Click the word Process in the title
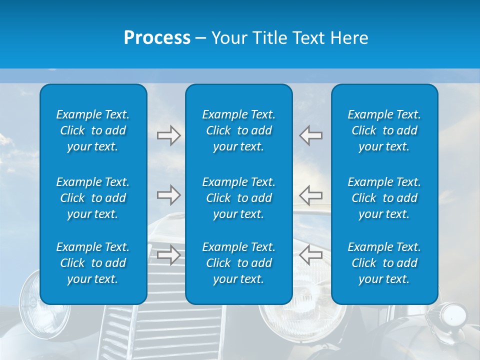157,38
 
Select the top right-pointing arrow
169,135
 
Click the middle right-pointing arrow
169,195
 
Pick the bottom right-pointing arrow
169,255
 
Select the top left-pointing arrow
310,135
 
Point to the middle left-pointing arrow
310,195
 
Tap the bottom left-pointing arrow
310,255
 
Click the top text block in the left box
93,130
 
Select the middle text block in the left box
93,198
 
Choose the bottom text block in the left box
93,263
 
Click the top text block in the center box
239,130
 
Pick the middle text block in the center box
239,198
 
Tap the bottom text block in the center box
239,263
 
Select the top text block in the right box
384,130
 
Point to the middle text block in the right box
384,198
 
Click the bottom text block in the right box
384,263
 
